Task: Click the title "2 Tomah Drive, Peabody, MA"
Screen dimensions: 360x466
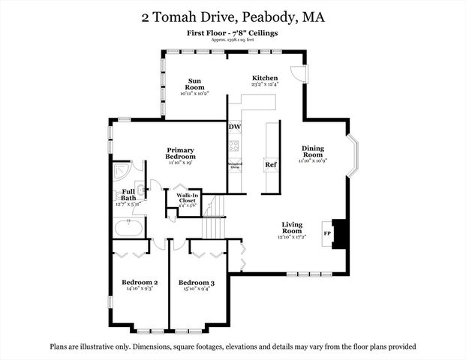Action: (233, 16)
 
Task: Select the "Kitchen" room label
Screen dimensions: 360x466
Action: (265, 78)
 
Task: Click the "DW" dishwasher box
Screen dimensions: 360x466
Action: (234, 127)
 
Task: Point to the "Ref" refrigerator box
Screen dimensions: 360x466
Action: (270, 165)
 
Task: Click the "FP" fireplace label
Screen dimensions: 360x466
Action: (327, 234)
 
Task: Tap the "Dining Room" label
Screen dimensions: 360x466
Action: (313, 152)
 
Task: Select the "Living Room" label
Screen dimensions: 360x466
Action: (292, 228)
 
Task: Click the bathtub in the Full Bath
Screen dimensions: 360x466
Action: (128, 226)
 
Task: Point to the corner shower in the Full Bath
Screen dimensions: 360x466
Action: (121, 172)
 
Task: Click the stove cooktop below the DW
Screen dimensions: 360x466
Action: (234, 145)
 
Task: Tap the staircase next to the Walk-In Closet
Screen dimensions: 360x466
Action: (215, 205)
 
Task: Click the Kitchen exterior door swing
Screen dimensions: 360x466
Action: (298, 73)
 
